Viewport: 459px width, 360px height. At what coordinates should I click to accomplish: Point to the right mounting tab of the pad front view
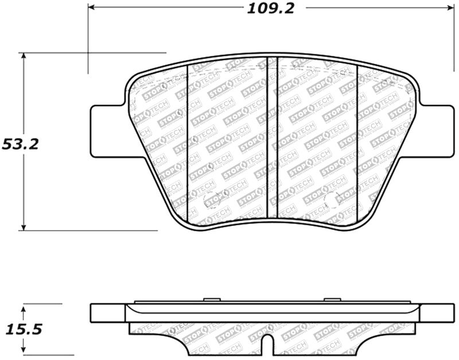coord(437,130)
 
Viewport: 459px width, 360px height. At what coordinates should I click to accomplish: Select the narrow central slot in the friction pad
coord(273,138)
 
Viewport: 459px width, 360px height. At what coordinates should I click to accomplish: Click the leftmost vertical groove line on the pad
coord(189,143)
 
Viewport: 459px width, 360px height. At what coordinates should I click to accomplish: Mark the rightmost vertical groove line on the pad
coord(357,143)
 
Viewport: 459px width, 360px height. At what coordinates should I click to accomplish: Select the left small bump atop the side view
coord(212,299)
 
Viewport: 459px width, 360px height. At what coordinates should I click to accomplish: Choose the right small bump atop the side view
coord(332,299)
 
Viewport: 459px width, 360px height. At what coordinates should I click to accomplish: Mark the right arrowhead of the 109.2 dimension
coord(448,7)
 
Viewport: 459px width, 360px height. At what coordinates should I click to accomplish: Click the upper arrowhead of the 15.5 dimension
coord(23,309)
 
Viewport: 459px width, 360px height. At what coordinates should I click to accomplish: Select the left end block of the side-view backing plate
coord(108,313)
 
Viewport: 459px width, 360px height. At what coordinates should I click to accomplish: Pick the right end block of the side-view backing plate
coord(437,313)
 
